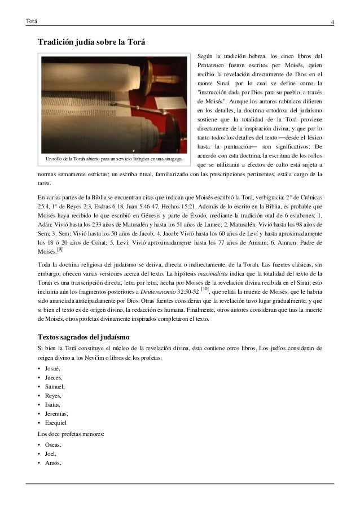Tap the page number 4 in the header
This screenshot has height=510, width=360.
coord(332,22)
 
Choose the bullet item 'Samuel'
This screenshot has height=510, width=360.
coord(54,387)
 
